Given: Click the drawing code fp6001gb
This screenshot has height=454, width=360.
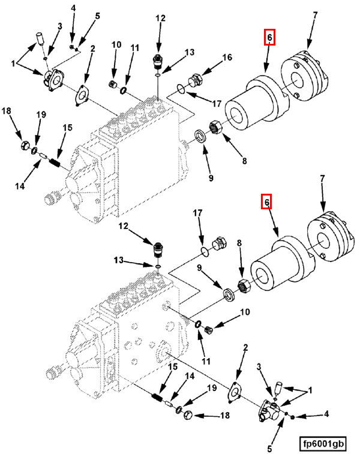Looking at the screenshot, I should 324,444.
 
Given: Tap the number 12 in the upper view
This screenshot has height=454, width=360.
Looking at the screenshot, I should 160,18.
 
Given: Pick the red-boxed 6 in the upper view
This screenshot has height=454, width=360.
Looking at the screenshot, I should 269,38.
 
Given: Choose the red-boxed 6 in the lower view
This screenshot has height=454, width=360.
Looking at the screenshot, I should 266,202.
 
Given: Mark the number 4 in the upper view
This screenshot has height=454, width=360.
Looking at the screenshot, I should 73,8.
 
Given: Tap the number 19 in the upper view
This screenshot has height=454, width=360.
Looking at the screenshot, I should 41,115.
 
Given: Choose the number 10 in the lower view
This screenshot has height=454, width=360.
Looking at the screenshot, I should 245,312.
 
